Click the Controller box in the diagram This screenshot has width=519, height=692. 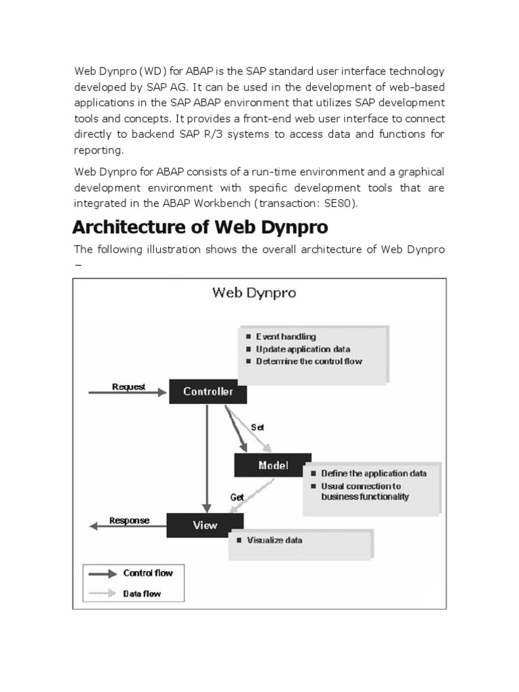click(208, 392)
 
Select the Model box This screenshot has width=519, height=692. click(273, 465)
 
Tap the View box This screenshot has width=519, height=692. click(205, 525)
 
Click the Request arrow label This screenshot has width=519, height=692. click(128, 387)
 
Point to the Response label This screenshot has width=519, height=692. click(129, 520)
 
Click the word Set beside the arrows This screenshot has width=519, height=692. click(257, 427)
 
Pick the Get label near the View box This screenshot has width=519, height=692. click(237, 496)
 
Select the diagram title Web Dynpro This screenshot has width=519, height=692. click(254, 293)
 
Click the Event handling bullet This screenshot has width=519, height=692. click(285, 336)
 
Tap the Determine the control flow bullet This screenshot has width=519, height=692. click(309, 361)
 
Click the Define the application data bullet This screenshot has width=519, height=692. click(374, 473)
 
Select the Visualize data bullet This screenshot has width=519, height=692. click(274, 540)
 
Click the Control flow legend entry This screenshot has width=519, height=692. click(148, 573)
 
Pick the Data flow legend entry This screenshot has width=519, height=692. click(142, 595)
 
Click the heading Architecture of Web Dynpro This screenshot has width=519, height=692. click(201, 226)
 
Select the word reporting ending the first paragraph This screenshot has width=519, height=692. click(99, 150)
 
